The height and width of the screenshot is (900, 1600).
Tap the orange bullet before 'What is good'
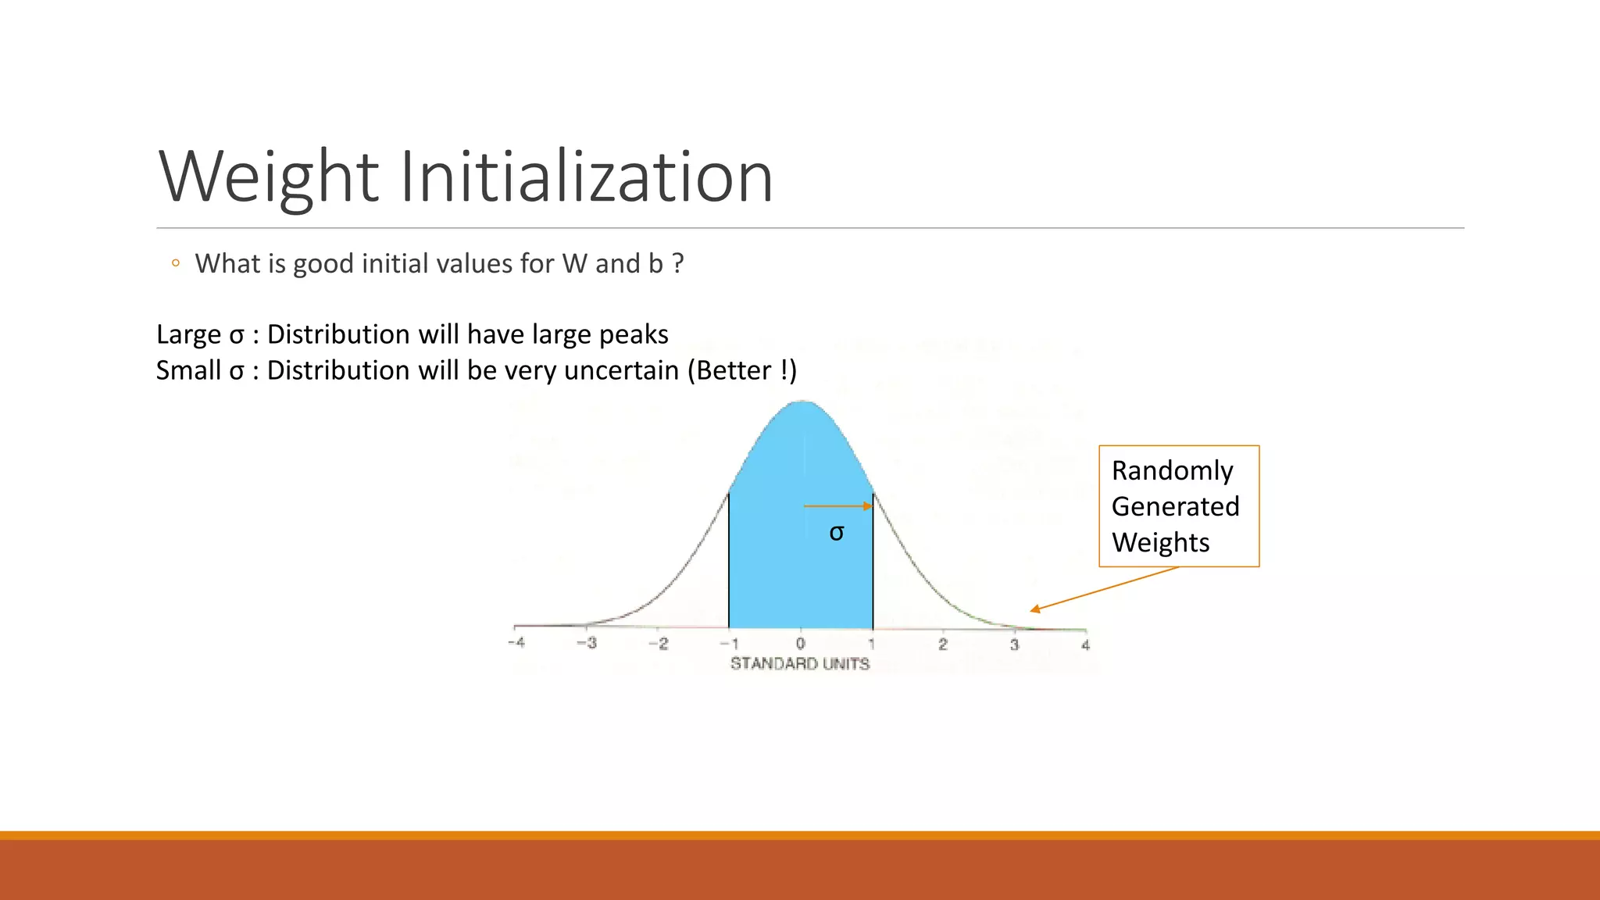[x=176, y=263]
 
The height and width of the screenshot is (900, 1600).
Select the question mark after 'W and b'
[x=677, y=264]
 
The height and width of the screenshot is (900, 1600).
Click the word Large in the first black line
[x=188, y=334]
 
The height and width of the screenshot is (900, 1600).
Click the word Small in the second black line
[x=188, y=370]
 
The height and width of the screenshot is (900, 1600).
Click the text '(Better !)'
[x=741, y=370]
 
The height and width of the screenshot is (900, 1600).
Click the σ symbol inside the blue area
[x=837, y=533]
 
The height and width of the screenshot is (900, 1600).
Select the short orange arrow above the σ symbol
[x=837, y=506]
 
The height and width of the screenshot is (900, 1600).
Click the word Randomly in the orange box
[x=1172, y=471]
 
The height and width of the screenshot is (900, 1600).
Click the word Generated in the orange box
[x=1175, y=507]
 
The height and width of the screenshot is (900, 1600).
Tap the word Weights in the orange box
[x=1160, y=543]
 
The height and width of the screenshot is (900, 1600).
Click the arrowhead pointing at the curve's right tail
[x=1035, y=609]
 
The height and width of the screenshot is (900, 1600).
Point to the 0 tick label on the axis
[x=800, y=644]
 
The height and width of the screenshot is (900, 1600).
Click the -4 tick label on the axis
[x=516, y=642]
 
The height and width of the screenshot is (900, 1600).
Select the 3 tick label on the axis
[x=1014, y=645]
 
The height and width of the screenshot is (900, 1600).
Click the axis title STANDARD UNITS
[x=800, y=664]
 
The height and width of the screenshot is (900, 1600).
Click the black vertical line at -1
[x=729, y=562]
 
